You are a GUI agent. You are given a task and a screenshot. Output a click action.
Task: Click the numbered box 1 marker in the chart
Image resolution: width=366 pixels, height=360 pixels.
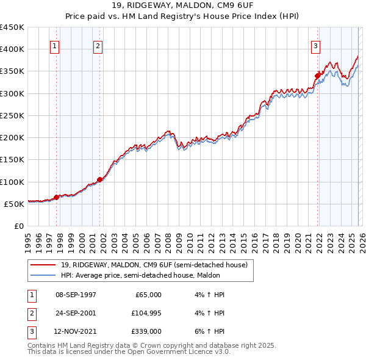55,45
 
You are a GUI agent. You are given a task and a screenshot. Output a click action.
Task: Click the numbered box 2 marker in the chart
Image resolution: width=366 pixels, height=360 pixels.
98,45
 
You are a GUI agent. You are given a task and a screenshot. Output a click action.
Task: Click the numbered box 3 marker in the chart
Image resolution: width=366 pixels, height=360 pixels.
315,45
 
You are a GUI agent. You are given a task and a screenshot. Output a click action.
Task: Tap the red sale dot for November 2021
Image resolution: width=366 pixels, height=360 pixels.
317,76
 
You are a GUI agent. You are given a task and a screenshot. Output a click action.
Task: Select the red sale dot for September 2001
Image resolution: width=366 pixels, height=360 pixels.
100,179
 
